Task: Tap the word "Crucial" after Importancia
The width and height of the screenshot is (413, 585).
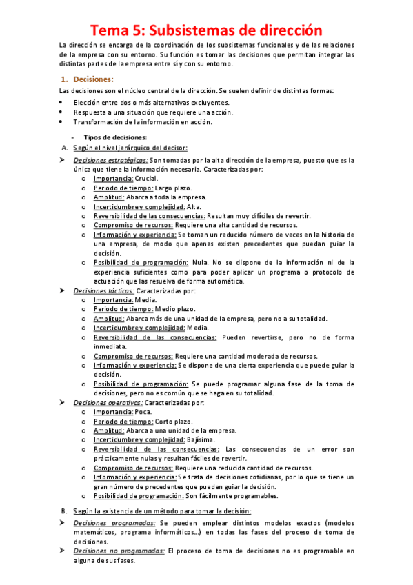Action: coord(145,178)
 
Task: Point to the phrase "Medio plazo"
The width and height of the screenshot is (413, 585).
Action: coord(167,309)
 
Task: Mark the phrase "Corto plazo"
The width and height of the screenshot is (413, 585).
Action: coord(165,421)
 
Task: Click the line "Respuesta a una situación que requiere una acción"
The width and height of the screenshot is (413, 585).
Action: coord(152,112)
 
